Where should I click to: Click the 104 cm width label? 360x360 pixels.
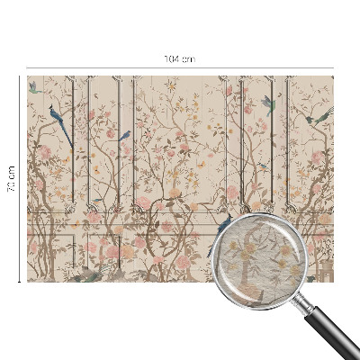(180, 58)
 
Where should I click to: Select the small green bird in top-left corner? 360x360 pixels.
(33, 87)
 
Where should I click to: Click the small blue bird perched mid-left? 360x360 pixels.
(125, 136)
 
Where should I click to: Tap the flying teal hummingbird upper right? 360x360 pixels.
(266, 102)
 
